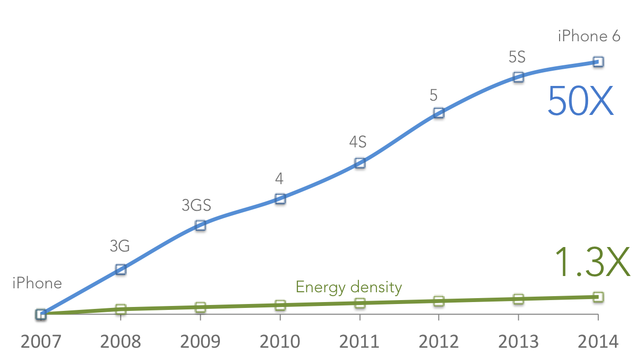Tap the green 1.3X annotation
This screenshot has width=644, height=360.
593,262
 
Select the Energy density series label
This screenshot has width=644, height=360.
349,287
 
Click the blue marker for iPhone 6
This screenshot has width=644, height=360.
598,61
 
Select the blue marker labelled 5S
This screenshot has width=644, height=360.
518,76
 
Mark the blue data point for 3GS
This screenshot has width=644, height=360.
200,224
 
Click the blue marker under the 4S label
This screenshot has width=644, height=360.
360,163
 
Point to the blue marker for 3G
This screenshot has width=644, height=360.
121,269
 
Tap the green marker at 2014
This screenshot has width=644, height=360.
598,296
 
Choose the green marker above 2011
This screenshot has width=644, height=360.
360,303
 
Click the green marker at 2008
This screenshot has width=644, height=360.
121,308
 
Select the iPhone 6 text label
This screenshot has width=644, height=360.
589,36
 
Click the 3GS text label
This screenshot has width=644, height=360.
196,205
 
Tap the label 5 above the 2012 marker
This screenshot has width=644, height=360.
433,95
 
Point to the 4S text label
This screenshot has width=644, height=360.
358,142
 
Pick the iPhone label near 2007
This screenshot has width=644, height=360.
37,283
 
